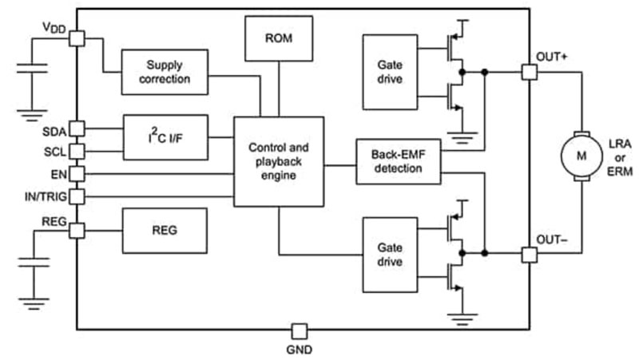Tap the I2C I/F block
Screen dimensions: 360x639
tap(165, 137)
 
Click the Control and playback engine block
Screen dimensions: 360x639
tap(278, 160)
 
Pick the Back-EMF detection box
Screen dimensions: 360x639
tap(396, 161)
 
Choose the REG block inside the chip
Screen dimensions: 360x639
tap(164, 230)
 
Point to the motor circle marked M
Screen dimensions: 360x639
tap(581, 156)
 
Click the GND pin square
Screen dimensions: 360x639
tap(299, 330)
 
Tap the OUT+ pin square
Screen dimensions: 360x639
tap(528, 72)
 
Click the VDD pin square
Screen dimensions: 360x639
tap(77, 38)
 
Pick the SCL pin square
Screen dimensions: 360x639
tap(77, 151)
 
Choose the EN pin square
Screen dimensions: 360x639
tap(77, 172)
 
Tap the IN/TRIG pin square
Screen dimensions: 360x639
tap(77, 195)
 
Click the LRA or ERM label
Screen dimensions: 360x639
tap(621, 156)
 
